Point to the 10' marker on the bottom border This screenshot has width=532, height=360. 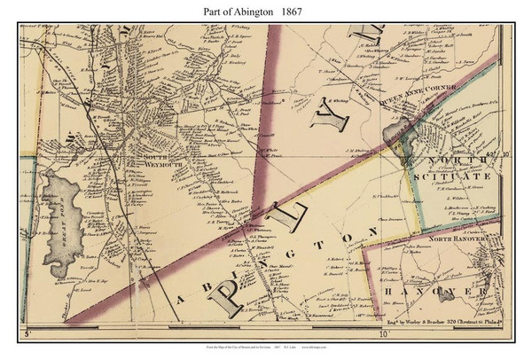(383, 335)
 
